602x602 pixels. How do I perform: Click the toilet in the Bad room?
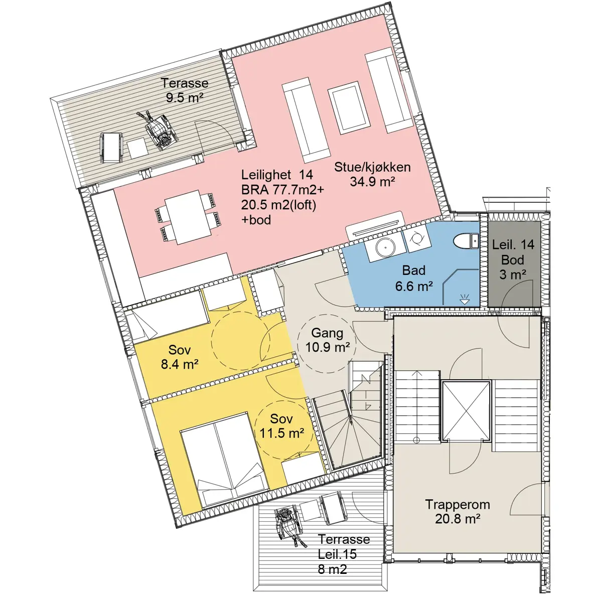click(x=466, y=241)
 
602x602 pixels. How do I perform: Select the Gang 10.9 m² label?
click(x=327, y=340)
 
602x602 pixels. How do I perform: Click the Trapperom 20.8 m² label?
click(x=458, y=511)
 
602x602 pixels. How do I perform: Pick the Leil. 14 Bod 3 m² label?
click(x=513, y=259)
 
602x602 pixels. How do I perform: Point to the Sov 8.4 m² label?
click(x=179, y=357)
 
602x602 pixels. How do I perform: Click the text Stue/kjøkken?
click(x=372, y=167)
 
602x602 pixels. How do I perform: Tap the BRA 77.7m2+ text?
click(x=283, y=190)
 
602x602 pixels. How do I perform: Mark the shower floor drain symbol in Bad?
click(x=465, y=300)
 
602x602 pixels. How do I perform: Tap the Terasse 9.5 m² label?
click(x=185, y=90)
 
